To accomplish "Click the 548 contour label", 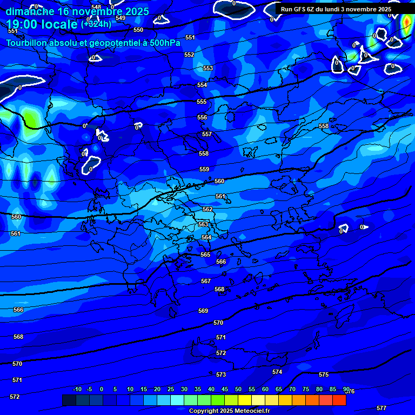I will pyautogui.click(x=96, y=7).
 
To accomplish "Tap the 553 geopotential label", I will pyautogui.click(x=208, y=69).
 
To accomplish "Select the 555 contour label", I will pyautogui.click(x=202, y=102).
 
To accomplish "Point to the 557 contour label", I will pyautogui.click(x=207, y=134).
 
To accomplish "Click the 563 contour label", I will pyautogui.click(x=203, y=224).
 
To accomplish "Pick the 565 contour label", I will pyautogui.click(x=205, y=255).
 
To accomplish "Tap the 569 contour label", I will pyautogui.click(x=203, y=311).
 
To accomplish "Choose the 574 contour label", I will pyautogui.click(x=277, y=372).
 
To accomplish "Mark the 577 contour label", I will pyautogui.click(x=381, y=408).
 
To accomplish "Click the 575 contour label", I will pyautogui.click(x=324, y=374).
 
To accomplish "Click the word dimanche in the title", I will pyautogui.click(x=30, y=11).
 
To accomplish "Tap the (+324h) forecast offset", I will pyautogui.click(x=96, y=24).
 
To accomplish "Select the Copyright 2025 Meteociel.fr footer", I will pyautogui.click(x=229, y=411).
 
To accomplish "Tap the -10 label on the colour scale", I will pyautogui.click(x=77, y=390).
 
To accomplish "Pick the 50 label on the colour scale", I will pyautogui.click(x=238, y=390).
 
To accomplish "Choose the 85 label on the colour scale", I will pyautogui.click(x=333, y=390).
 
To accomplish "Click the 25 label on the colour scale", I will pyautogui.click(x=171, y=390).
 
